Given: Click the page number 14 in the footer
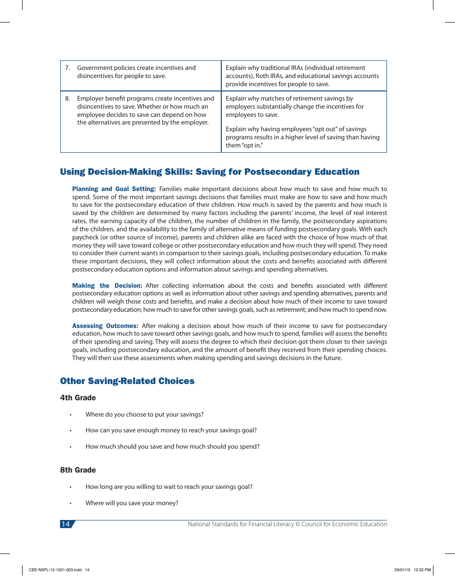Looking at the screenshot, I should pos(66,524).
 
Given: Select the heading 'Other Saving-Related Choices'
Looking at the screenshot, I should pos(127,381).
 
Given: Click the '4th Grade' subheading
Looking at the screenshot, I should pos(78,398).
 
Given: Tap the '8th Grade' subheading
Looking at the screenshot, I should pos(78,470).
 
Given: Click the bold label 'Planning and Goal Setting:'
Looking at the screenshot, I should pos(114,189).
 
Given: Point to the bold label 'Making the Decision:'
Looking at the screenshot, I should pos(107,286).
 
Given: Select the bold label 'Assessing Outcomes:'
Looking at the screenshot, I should pos(105,326).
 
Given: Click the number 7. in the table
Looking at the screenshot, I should pos(68,68).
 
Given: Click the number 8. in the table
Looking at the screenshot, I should pos(68,99).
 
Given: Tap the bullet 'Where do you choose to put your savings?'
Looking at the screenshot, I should pos(144,415).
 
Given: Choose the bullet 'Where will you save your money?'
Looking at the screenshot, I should pos(132,503).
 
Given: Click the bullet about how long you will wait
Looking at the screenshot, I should pos(169,487).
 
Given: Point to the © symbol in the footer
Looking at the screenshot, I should pos(297,524).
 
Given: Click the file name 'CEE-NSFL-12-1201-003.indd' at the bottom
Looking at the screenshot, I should pos(56,570).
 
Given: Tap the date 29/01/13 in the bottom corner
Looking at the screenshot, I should pos(402,570).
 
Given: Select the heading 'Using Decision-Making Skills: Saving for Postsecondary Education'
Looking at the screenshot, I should pos(210,172).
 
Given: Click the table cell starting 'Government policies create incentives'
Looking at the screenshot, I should pos(141,72).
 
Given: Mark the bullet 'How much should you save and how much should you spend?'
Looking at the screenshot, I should pos(172,447).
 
